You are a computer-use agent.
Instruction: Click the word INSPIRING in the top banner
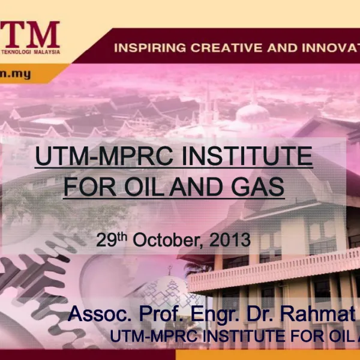coord(143,47)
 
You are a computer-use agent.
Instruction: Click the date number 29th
coord(112,241)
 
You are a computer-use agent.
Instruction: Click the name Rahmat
coord(319,314)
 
